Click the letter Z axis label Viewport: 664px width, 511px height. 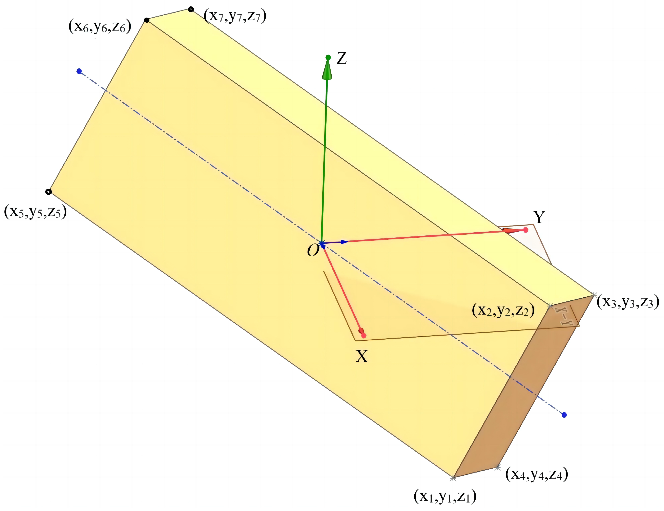(x=342, y=58)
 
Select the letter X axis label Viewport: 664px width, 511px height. (x=361, y=356)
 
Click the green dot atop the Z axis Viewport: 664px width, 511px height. (x=328, y=57)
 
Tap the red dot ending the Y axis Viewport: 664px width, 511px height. (x=526, y=230)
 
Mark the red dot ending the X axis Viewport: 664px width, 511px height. (x=364, y=336)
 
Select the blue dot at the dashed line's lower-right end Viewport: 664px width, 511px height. (x=564, y=415)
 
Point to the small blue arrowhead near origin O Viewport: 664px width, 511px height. (x=344, y=242)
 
